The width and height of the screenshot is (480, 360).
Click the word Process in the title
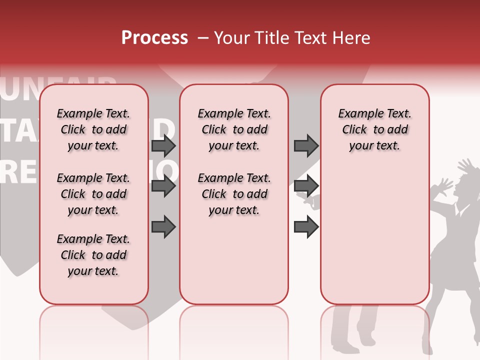pos(154,38)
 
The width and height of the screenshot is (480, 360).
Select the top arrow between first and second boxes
pos(163,145)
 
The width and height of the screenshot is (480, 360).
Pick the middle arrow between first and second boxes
pos(163,186)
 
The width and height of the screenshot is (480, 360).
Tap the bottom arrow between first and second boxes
pos(163,227)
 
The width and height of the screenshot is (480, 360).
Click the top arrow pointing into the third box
pos(306,145)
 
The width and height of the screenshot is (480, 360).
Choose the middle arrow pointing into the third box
pos(306,186)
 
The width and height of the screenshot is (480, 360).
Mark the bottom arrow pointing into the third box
pos(306,227)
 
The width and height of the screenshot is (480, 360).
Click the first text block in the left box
pos(93,129)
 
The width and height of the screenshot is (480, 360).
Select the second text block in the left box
pos(93,194)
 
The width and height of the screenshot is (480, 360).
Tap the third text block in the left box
pos(93,255)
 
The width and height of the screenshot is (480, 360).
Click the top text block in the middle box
pos(233,129)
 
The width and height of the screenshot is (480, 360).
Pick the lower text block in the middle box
pos(233,194)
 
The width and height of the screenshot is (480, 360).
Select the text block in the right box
pos(374,129)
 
